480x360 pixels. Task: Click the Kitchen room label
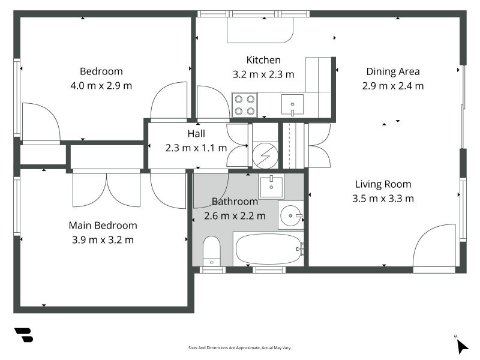[263, 60]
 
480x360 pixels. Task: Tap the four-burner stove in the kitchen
[245, 105]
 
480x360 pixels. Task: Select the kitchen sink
[292, 104]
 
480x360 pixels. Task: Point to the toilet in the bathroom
[212, 251]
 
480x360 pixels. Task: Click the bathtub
[268, 249]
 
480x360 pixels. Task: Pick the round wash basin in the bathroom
[291, 215]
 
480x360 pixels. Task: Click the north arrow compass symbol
[461, 346]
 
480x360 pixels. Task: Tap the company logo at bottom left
[24, 335]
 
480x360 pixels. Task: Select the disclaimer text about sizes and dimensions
[239, 348]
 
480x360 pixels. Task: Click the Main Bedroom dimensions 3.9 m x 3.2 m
[103, 239]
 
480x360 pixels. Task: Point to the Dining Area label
[393, 71]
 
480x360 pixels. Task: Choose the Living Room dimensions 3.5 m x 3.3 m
[383, 199]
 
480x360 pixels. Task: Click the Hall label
[196, 133]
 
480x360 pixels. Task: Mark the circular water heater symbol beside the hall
[265, 156]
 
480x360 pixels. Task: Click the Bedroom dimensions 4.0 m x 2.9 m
[101, 85]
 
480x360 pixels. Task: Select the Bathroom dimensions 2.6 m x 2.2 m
[235, 216]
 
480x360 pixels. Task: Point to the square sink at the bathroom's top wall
[271, 186]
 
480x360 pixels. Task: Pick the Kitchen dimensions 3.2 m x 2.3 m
[263, 74]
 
